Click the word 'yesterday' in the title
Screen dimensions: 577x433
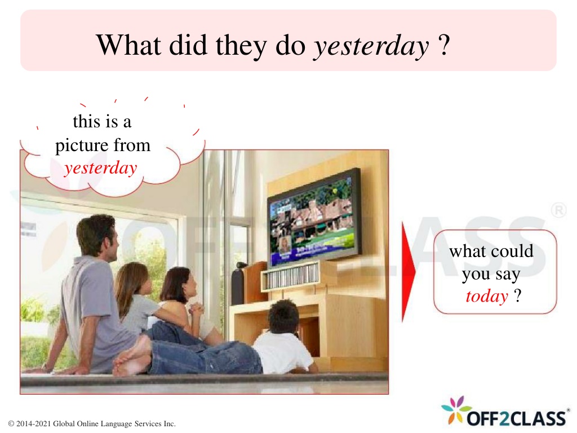[x=371, y=46]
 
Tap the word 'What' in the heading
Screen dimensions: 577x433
[x=128, y=45]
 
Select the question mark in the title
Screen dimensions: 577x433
[x=444, y=45]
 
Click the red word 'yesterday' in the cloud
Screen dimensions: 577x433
[x=100, y=168]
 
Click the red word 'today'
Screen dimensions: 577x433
[x=486, y=297]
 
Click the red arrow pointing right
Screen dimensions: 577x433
[x=409, y=272]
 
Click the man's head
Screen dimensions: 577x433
[x=97, y=236]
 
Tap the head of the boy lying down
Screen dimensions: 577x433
[x=283, y=316]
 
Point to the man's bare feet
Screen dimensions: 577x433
[x=131, y=357]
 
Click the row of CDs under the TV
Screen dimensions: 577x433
[x=292, y=276]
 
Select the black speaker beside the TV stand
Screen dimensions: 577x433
[x=238, y=286]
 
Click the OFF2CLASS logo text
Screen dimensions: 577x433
[x=516, y=418]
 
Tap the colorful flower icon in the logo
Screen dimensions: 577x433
[x=456, y=410]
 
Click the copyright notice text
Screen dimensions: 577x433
[x=92, y=424]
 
